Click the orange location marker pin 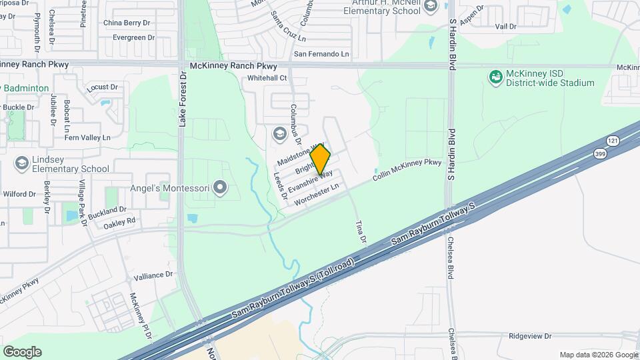pos(321,159)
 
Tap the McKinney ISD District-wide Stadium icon pos(495,78)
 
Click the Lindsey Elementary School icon pos(22,163)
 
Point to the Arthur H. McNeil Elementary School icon pos(430,7)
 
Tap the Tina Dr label pos(361,232)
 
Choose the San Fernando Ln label pos(321,53)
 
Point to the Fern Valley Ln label pos(86,137)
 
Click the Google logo pos(22,351)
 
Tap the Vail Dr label pos(506,27)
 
